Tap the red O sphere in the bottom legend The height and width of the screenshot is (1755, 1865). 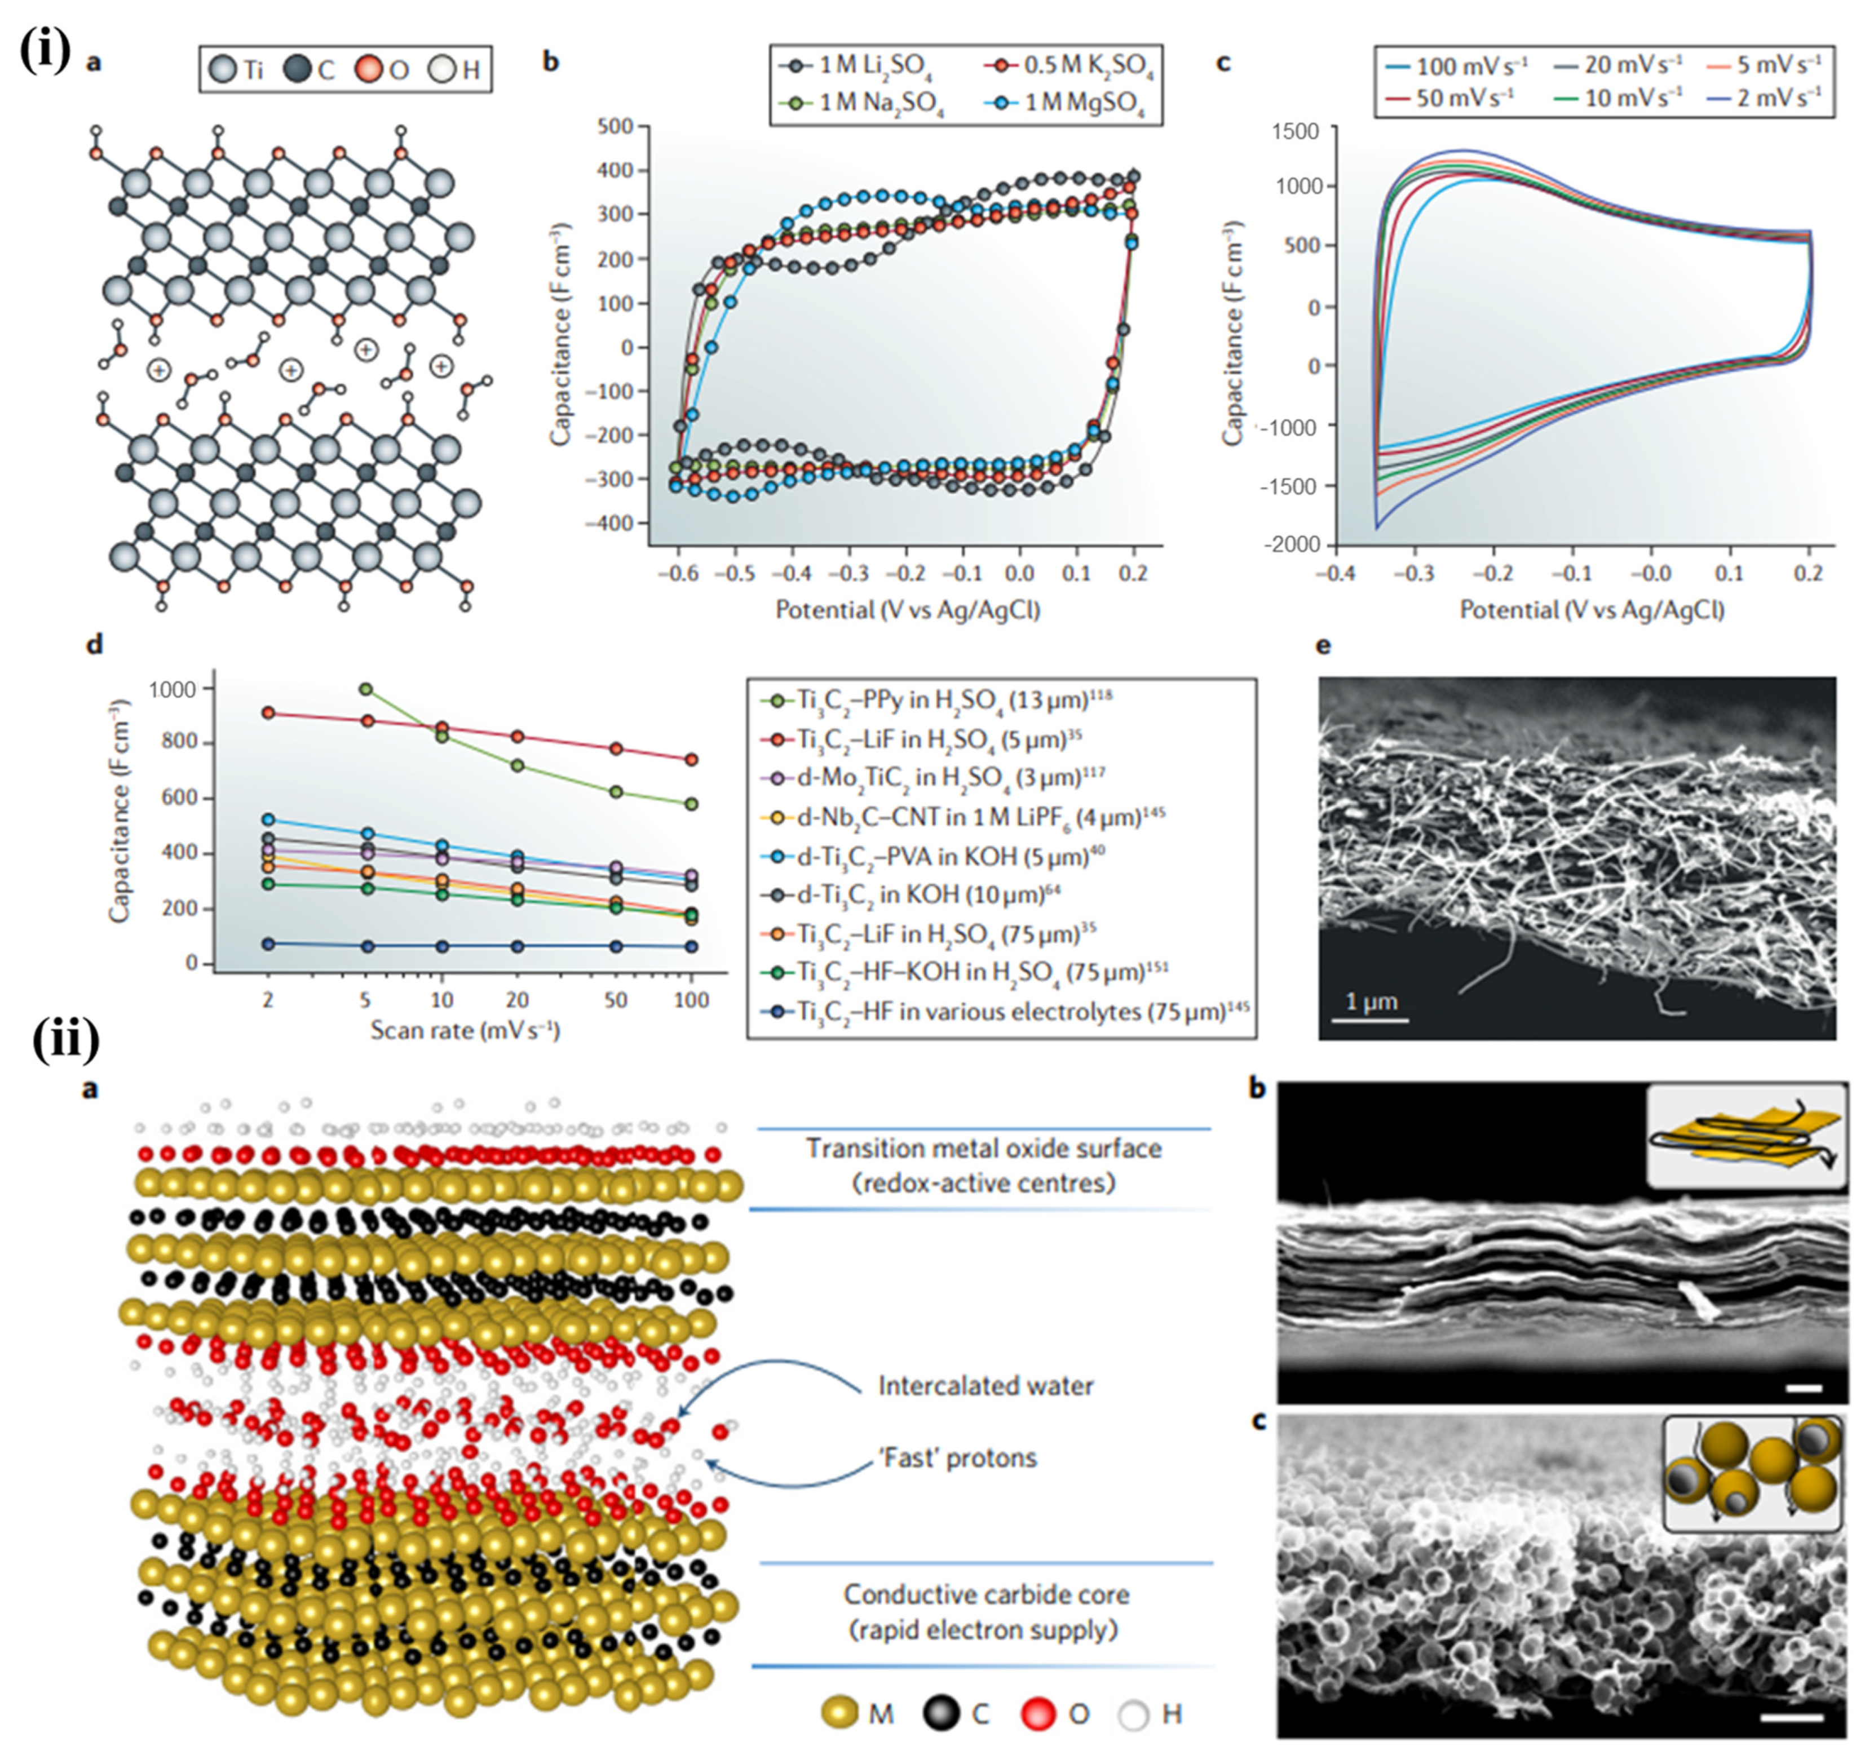(1040, 1714)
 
